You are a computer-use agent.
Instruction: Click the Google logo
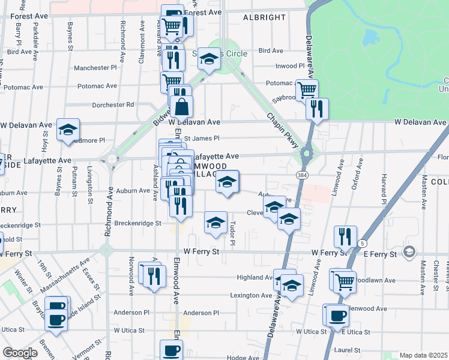[x=20, y=353]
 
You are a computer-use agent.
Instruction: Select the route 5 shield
[x=362, y=242]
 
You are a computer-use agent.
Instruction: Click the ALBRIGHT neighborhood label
[x=264, y=17]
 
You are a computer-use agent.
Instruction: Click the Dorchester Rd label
[x=113, y=104]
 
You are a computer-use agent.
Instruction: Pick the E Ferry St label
[x=380, y=254]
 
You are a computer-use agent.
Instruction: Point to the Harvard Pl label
[x=382, y=188]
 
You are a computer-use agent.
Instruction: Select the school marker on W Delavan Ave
[x=68, y=130]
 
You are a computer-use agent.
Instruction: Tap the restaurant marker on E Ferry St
[x=346, y=237]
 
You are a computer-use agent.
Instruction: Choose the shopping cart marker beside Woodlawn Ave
[x=345, y=280]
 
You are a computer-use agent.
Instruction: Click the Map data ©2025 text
[x=423, y=355]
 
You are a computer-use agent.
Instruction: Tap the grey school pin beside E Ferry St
[x=409, y=251]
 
